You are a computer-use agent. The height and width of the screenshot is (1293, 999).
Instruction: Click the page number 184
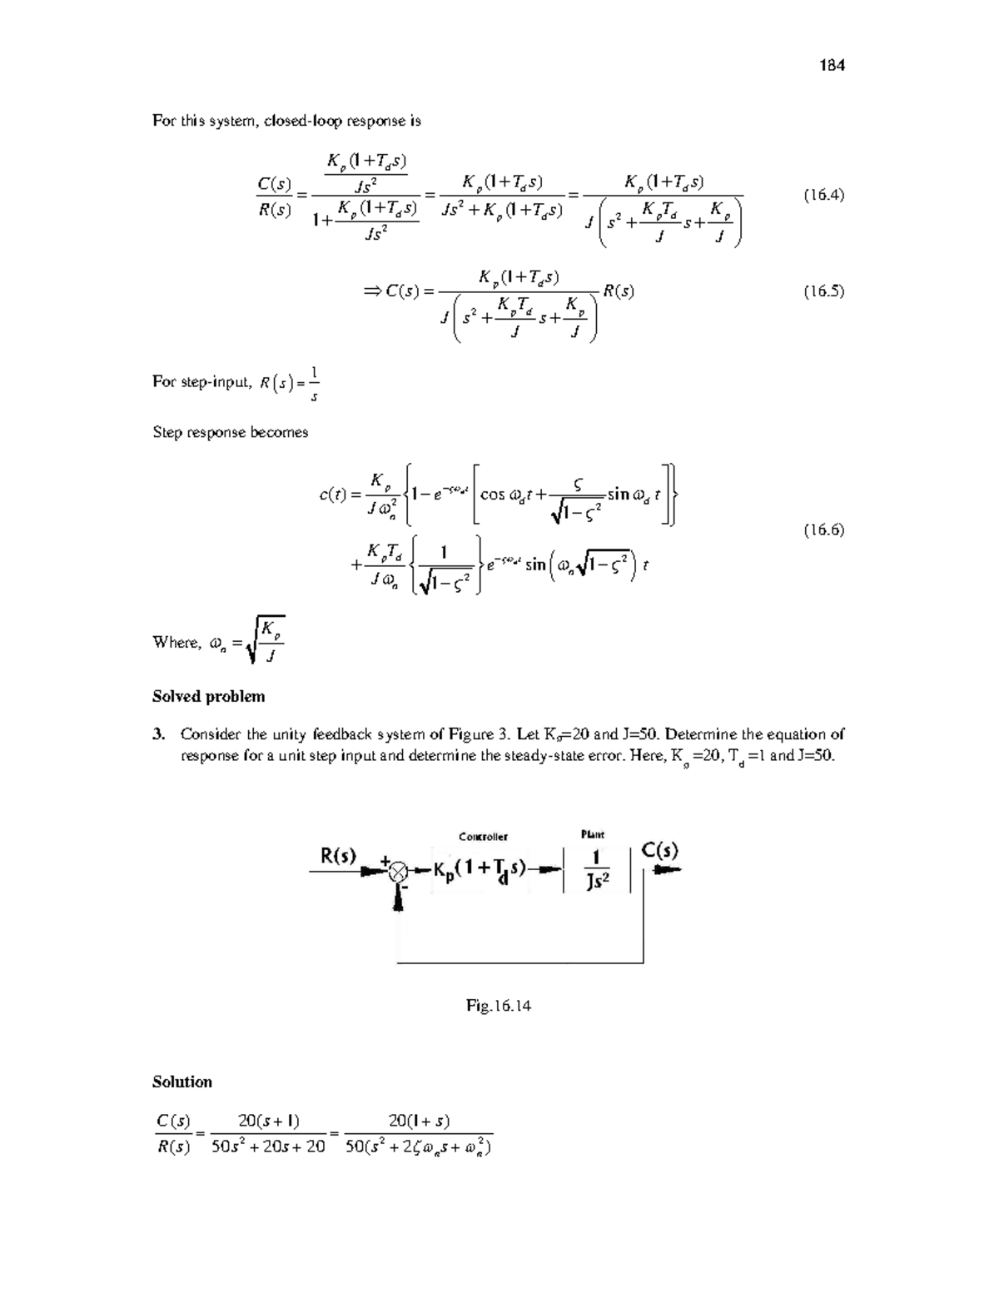(x=832, y=65)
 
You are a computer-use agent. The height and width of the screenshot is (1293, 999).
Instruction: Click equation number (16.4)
(x=823, y=195)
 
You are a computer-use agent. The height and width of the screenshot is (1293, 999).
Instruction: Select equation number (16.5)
(x=823, y=291)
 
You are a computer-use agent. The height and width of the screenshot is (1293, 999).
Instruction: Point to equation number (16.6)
(x=823, y=530)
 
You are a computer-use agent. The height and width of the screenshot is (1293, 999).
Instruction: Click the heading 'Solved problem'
(x=208, y=696)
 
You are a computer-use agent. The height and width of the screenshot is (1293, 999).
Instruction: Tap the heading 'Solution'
(x=182, y=1082)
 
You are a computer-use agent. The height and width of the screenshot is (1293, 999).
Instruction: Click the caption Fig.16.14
(x=499, y=1005)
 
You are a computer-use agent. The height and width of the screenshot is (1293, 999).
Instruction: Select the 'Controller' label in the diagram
(x=483, y=836)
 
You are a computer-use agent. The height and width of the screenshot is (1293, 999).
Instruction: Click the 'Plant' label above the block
(x=592, y=833)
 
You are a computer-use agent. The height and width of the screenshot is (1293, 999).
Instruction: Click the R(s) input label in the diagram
(x=339, y=855)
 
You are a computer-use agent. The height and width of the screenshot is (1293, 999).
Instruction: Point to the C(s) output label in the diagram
(x=660, y=851)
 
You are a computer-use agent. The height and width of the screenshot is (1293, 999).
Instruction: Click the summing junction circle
(x=399, y=871)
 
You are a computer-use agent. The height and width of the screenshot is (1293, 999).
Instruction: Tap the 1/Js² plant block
(x=596, y=869)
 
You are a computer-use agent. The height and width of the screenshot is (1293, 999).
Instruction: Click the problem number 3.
(x=157, y=734)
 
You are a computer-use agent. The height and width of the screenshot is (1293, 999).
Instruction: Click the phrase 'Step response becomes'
(x=230, y=432)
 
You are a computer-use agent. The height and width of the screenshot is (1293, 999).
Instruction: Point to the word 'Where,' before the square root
(x=177, y=642)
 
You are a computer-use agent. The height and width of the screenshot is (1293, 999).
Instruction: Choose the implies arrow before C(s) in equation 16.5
(x=371, y=291)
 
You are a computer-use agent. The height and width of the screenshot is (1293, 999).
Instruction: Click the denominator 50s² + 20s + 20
(x=268, y=1146)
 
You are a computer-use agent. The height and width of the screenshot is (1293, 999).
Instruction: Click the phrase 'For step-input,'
(x=201, y=381)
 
